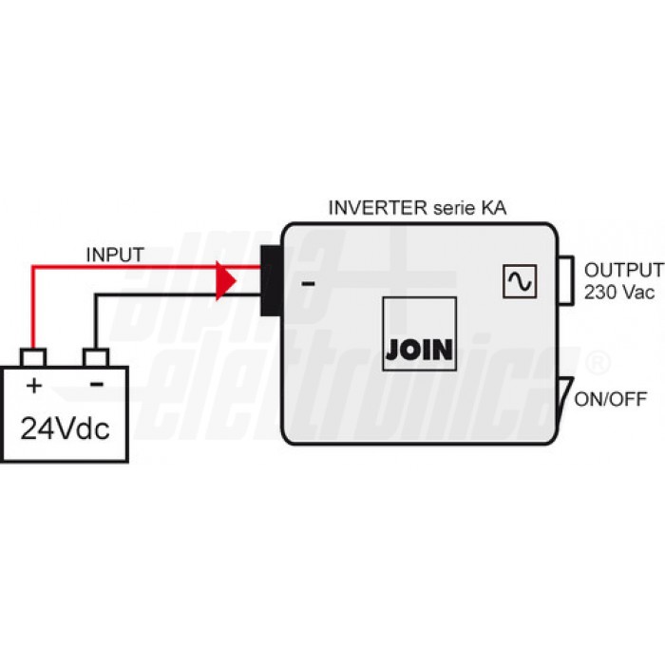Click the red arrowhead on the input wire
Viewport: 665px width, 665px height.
(225, 280)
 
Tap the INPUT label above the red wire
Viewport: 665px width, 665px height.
(115, 255)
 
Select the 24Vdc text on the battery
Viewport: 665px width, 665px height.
(65, 428)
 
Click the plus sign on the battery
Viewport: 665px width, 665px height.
(34, 386)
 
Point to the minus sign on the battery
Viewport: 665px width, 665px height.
(97, 385)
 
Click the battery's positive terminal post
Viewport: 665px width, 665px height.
(33, 357)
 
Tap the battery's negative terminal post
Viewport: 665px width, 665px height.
(96, 357)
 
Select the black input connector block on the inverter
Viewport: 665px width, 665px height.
(272, 281)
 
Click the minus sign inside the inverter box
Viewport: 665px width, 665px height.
(309, 284)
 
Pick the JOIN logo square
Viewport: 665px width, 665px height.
(420, 333)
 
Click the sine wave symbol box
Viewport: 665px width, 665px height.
(520, 281)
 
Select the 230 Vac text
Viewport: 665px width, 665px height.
(619, 293)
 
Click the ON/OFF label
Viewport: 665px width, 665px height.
(611, 399)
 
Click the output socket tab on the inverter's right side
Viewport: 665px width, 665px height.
(566, 280)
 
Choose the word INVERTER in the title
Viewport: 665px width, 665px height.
(378, 208)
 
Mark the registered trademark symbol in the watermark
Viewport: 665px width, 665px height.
(598, 363)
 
